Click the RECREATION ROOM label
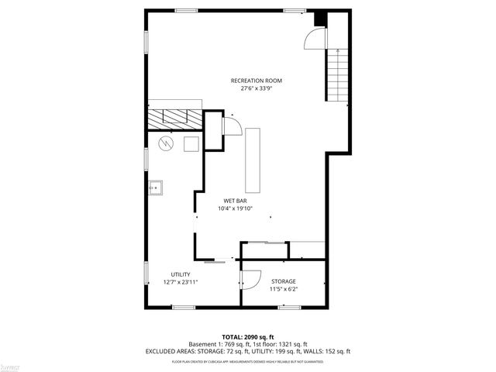(x=256, y=81)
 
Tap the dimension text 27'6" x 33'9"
(x=256, y=88)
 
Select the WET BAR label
(x=235, y=200)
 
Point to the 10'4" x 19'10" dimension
(x=235, y=208)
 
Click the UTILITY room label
(x=181, y=274)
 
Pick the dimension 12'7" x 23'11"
(x=181, y=282)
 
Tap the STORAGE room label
(x=283, y=281)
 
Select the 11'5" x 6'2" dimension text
(x=283, y=289)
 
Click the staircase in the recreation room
(x=337, y=76)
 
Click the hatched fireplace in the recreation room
(x=175, y=119)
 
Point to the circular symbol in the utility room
(x=165, y=143)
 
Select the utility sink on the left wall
(x=155, y=187)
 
